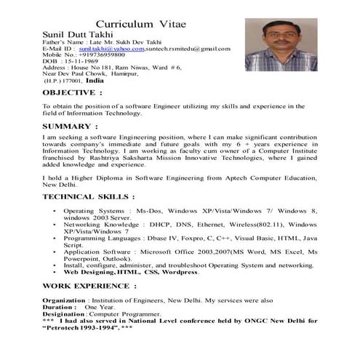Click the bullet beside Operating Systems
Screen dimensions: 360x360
57,211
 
